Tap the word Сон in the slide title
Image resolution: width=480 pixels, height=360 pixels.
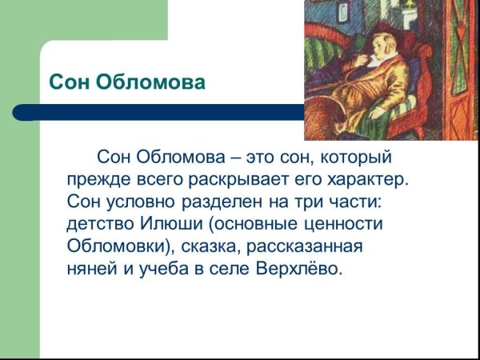69,82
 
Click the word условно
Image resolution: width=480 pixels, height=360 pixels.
138,200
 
